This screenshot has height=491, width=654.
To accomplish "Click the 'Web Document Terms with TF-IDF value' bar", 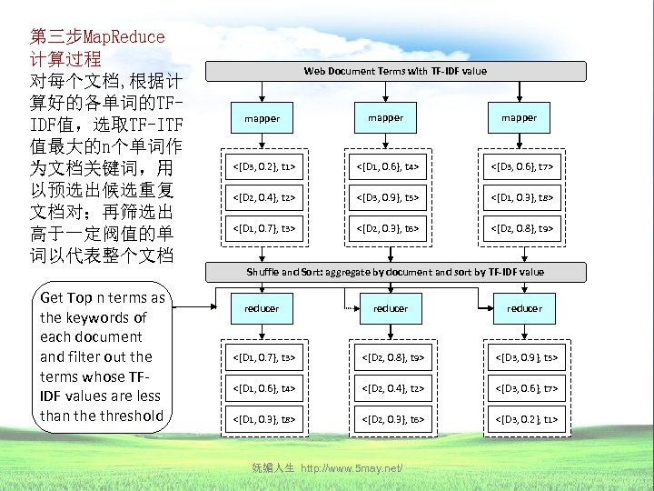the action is (x=394, y=71).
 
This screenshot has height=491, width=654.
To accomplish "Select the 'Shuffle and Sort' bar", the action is (x=394, y=272).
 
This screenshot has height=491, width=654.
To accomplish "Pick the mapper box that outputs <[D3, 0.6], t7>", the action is (x=519, y=117).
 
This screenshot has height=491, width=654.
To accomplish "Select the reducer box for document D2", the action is (x=391, y=308).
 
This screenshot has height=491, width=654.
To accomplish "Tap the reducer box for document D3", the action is (x=524, y=308).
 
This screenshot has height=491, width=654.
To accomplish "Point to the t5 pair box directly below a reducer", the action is (x=524, y=358).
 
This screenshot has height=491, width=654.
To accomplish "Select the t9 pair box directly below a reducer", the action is (x=391, y=358).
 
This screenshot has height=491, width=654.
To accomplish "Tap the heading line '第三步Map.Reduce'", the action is (x=97, y=37).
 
